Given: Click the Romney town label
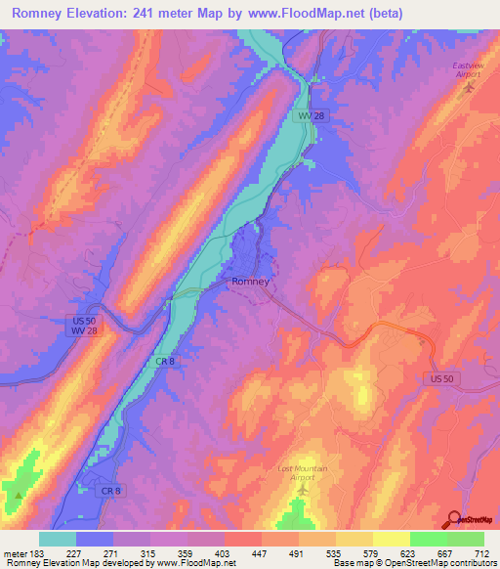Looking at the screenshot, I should point(249,282).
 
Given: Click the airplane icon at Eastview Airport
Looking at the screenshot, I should point(468,86).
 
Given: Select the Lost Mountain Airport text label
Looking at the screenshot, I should point(300,473).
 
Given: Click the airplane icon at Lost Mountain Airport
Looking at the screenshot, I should point(301,489).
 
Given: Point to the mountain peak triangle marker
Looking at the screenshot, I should point(17,496).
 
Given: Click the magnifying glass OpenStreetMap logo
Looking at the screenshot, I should point(455,519).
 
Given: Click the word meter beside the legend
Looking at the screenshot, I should point(15,552).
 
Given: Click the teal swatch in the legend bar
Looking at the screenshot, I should point(58,539).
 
